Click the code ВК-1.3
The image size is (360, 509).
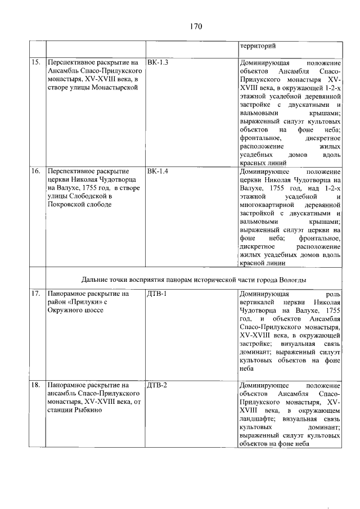point(157,62)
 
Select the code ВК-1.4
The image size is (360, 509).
point(157,170)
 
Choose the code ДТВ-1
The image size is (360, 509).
point(157,294)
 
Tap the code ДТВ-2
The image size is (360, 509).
point(157,385)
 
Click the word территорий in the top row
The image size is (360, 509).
point(258,46)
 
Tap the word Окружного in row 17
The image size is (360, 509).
point(69,312)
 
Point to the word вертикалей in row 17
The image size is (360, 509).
point(259,303)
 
